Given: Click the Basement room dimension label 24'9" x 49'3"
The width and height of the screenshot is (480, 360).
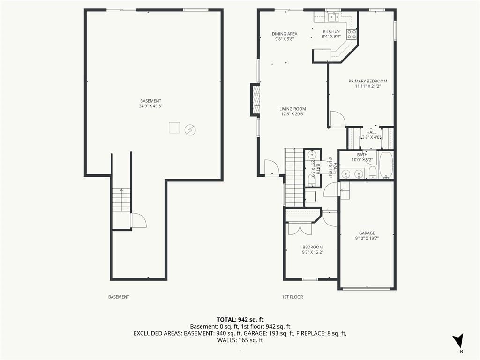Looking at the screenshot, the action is click(150, 106).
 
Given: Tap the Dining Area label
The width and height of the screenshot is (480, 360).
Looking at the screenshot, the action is click(285, 34).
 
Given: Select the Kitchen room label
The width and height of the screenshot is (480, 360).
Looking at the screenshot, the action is click(331, 31).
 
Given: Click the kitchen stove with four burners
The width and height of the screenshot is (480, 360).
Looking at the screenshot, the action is click(352, 34).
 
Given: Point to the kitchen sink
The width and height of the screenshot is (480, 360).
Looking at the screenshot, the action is click(333, 17).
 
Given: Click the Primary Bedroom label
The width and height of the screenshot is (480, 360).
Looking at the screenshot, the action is click(367, 81).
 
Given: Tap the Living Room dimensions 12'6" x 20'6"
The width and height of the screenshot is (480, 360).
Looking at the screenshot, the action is click(292, 114).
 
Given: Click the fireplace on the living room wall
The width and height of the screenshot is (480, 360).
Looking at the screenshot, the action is click(255, 100).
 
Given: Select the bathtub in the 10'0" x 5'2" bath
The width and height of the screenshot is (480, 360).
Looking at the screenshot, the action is click(386, 165).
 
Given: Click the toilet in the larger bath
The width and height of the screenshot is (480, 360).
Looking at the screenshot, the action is click(373, 173).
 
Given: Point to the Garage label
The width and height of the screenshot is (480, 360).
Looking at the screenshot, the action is click(367, 233).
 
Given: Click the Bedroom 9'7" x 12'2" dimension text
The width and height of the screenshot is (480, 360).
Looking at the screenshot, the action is click(313, 252).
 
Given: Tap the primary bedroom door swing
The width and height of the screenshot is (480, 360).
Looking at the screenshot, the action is click(338, 118).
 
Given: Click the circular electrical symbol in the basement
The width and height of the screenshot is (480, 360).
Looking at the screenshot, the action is click(190, 130).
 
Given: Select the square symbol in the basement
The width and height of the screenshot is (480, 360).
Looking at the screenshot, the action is click(174, 127).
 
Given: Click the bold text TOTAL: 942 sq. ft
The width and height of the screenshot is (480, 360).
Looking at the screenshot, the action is click(240, 320).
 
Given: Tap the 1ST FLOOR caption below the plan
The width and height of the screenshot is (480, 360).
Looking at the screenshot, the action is click(292, 297).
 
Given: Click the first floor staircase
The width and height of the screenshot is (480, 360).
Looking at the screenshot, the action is click(294, 177).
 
